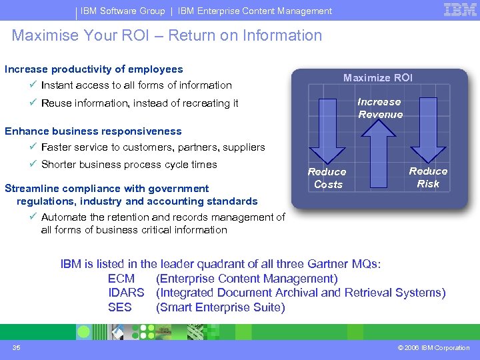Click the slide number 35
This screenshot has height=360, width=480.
pyautogui.click(x=17, y=347)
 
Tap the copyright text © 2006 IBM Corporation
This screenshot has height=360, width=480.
pyautogui.click(x=433, y=347)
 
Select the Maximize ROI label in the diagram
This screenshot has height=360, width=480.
pyautogui.click(x=378, y=78)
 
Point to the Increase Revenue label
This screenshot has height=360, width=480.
pyautogui.click(x=380, y=108)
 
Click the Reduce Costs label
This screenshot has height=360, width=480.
pyautogui.click(x=327, y=178)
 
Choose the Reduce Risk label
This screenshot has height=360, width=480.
pyautogui.click(x=428, y=177)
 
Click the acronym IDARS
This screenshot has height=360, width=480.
pyautogui.click(x=126, y=293)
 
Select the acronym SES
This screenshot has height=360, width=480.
pyautogui.click(x=120, y=307)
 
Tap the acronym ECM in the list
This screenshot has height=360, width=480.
pyautogui.click(x=121, y=279)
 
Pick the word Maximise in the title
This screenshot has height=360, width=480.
pyautogui.click(x=43, y=35)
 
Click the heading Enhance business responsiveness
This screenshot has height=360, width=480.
pyautogui.click(x=93, y=131)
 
